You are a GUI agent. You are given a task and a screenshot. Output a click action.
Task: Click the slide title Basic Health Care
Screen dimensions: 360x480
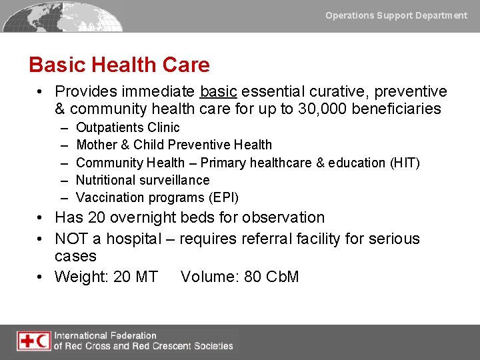[x=119, y=65]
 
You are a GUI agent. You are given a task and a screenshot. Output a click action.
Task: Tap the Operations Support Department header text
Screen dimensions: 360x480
[x=396, y=15]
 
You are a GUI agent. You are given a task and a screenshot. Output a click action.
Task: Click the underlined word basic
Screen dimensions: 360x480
[x=218, y=91]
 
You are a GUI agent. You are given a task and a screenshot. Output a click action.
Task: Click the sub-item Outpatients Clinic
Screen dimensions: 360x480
[x=127, y=127]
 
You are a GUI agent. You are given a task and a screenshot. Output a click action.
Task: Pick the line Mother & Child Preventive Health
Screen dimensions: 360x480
[x=173, y=145]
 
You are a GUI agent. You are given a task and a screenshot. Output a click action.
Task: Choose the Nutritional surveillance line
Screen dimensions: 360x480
[x=142, y=180]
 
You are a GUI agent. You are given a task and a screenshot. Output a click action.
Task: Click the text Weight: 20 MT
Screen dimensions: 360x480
[x=106, y=277]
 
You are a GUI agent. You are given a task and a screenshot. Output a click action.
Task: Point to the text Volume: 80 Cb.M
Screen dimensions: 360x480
[x=239, y=277]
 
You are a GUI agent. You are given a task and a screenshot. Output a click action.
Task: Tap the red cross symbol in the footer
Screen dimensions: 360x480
[x=27, y=341]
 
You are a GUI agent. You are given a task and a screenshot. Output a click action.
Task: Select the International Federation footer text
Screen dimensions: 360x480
[x=143, y=341]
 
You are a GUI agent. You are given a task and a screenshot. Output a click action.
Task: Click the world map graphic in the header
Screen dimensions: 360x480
[x=63, y=16]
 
